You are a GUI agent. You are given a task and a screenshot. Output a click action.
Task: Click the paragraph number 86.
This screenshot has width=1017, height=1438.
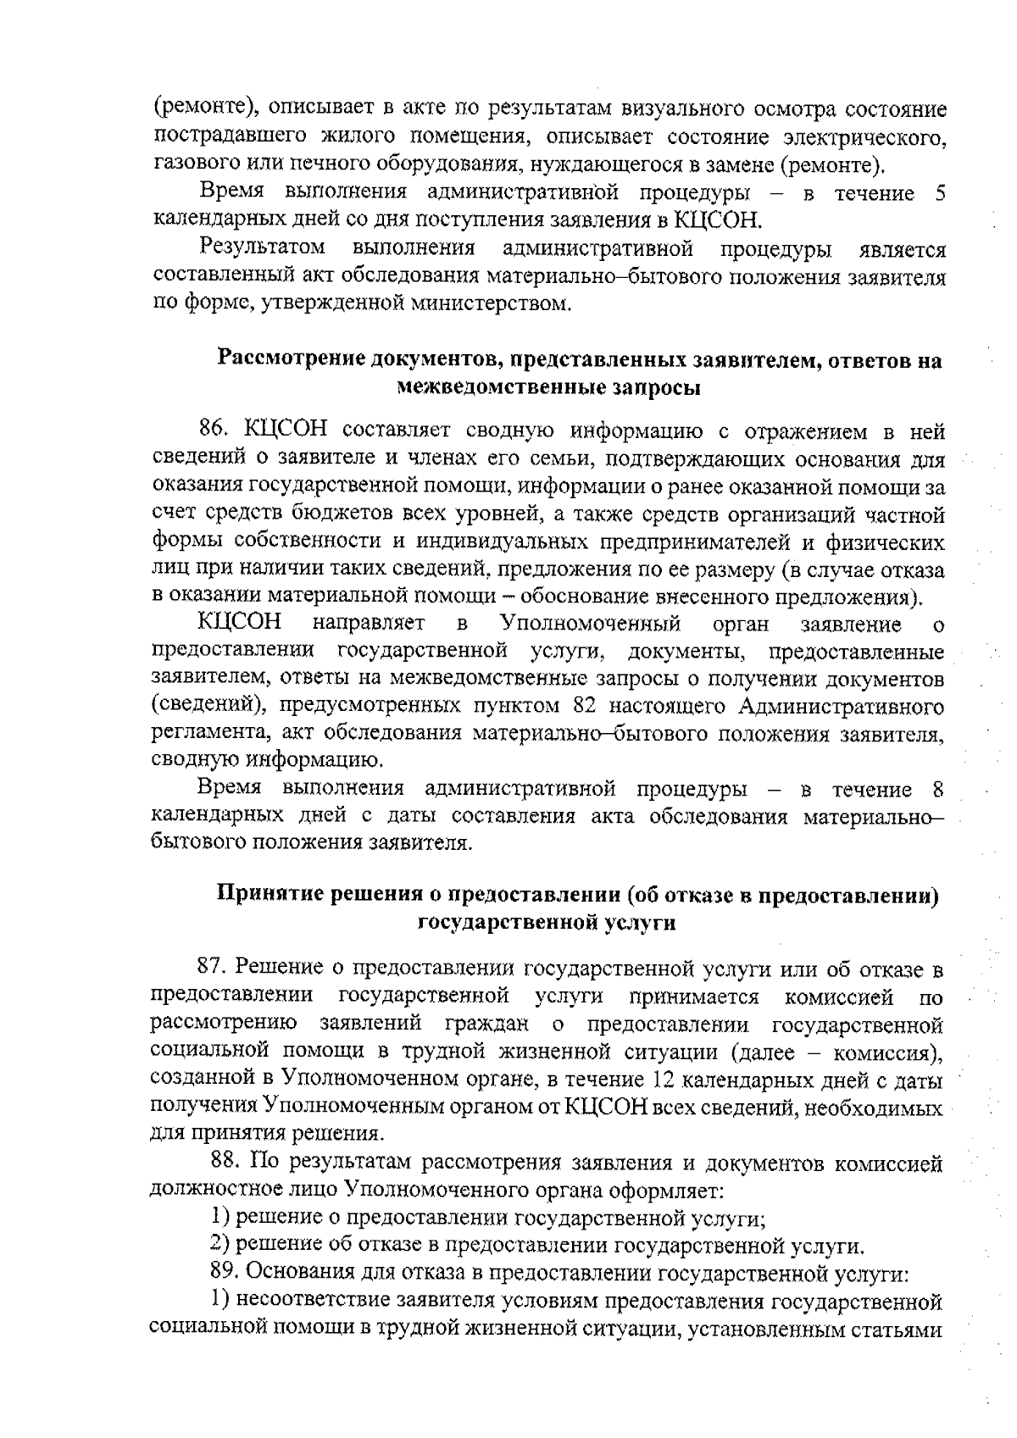[215, 431]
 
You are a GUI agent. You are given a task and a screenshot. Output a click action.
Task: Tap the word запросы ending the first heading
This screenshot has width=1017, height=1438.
[653, 388]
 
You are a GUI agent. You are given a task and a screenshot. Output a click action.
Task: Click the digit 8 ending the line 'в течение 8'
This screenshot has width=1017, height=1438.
[937, 790]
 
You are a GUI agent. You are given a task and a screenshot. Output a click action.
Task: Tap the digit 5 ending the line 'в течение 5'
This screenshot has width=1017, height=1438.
[940, 193]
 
